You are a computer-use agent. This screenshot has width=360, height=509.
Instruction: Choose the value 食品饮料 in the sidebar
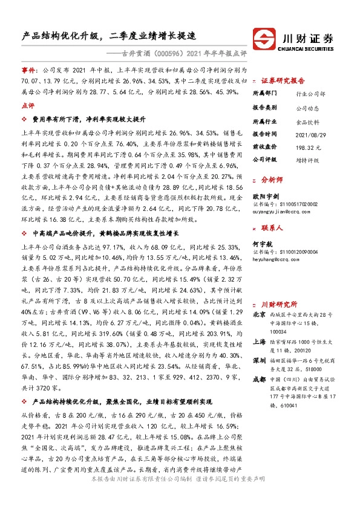(x=307, y=121)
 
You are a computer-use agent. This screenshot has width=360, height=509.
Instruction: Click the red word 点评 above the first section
(x=28, y=105)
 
